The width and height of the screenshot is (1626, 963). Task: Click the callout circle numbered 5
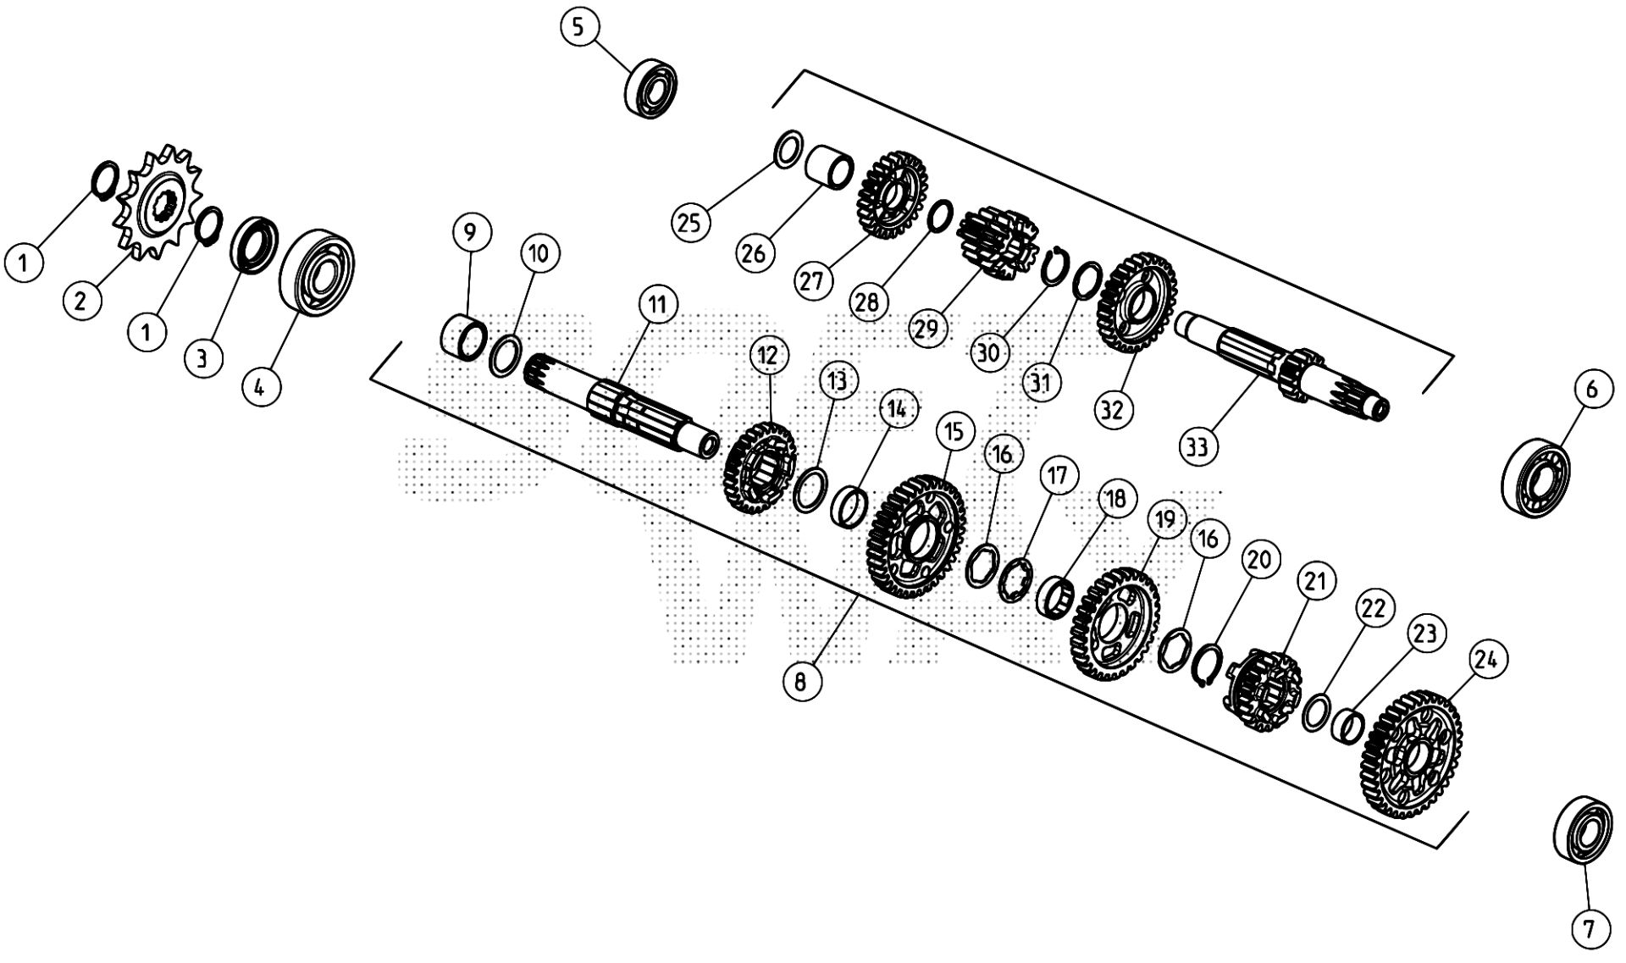point(578,27)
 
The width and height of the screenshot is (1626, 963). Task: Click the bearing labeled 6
point(1535,477)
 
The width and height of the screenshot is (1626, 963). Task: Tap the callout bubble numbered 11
point(659,305)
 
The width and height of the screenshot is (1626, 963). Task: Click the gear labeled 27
point(893,194)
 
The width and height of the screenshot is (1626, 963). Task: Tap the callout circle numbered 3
point(202,358)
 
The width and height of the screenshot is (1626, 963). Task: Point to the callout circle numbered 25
point(690,224)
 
